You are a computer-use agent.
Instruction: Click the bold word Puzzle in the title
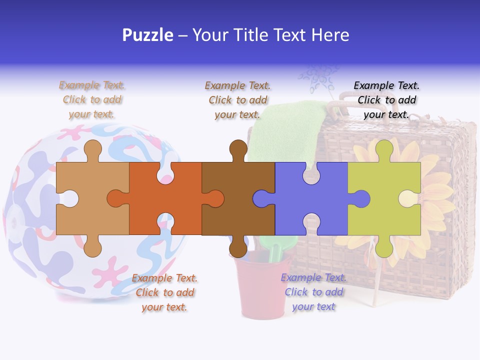[147, 35]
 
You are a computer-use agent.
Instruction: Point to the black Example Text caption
[386, 100]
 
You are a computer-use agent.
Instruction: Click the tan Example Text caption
[92, 100]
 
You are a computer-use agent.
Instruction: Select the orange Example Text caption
[164, 292]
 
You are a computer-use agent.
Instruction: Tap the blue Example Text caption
[313, 292]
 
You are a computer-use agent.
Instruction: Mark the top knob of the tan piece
[92, 149]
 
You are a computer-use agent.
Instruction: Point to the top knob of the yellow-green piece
[384, 149]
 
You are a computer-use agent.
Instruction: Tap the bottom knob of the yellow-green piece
[384, 247]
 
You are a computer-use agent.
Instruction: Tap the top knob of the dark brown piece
[238, 149]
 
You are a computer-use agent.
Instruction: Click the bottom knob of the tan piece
[92, 246]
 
